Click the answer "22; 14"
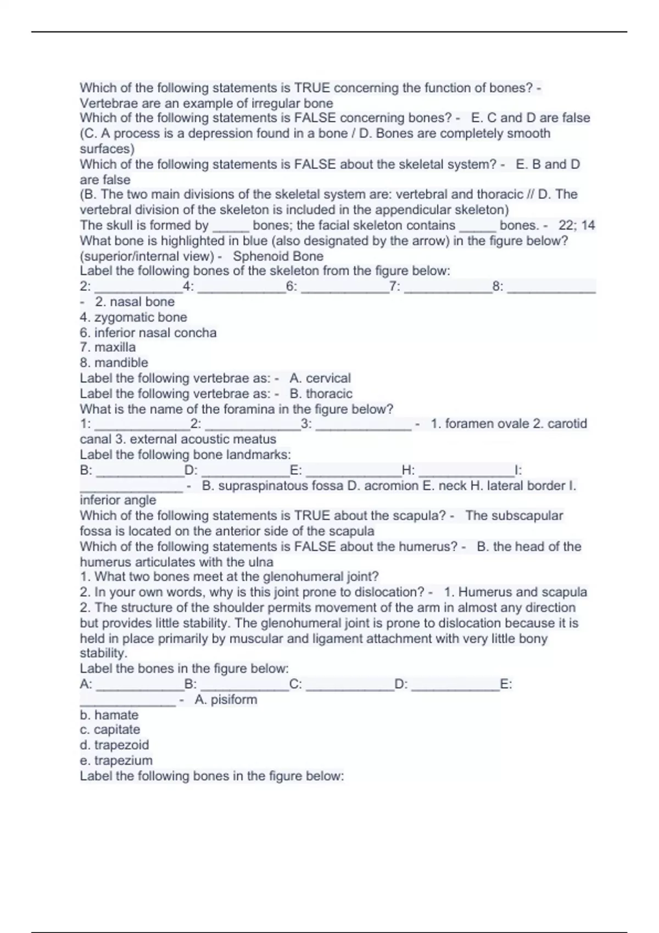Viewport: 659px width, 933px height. [x=577, y=226]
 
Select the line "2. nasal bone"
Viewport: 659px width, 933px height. [x=135, y=302]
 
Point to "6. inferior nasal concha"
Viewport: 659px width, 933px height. [x=148, y=333]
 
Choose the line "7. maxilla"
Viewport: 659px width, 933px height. [x=108, y=347]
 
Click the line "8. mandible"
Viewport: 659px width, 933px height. [x=114, y=363]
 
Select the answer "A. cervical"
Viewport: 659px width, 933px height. [x=320, y=378]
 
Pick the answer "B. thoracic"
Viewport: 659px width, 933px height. [x=321, y=394]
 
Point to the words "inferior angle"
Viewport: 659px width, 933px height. [x=118, y=500]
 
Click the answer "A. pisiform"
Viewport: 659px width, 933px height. [x=226, y=700]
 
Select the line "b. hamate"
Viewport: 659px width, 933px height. [x=109, y=715]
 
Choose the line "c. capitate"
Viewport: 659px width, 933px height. [x=110, y=730]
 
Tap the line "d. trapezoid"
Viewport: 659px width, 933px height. [x=114, y=745]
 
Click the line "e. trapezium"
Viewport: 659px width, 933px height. [x=116, y=761]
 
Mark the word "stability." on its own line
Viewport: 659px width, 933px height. [x=104, y=653]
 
